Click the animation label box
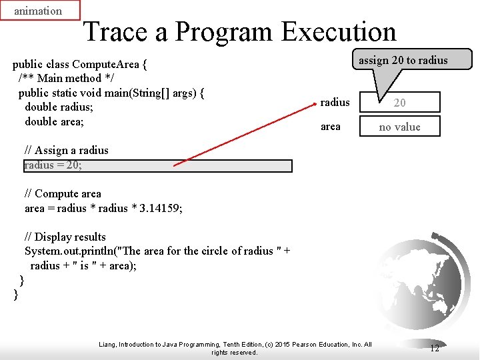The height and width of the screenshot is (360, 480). pyautogui.click(x=40, y=11)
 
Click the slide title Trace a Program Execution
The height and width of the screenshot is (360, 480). pyautogui.click(x=239, y=31)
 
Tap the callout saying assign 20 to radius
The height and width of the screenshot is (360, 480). pyautogui.click(x=403, y=60)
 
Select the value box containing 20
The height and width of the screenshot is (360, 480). pyautogui.click(x=399, y=102)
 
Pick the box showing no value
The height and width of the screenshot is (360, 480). pyautogui.click(x=399, y=127)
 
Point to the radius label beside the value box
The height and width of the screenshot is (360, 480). pyautogui.click(x=335, y=102)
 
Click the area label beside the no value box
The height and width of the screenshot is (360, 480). pyautogui.click(x=330, y=127)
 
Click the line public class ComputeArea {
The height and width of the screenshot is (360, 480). pyautogui.click(x=80, y=65)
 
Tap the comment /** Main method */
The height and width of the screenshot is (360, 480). pyautogui.click(x=60, y=79)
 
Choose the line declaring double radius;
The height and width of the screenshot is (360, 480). pyautogui.click(x=59, y=107)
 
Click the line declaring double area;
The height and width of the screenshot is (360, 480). pyautogui.click(x=54, y=121)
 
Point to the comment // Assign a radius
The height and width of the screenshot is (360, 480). pyautogui.click(x=66, y=151)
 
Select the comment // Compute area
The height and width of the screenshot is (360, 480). pyautogui.click(x=63, y=194)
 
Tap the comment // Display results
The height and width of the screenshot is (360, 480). pyautogui.click(x=65, y=237)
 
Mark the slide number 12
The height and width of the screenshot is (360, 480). pyautogui.click(x=434, y=348)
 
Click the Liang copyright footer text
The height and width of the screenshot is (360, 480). pyautogui.click(x=235, y=348)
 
